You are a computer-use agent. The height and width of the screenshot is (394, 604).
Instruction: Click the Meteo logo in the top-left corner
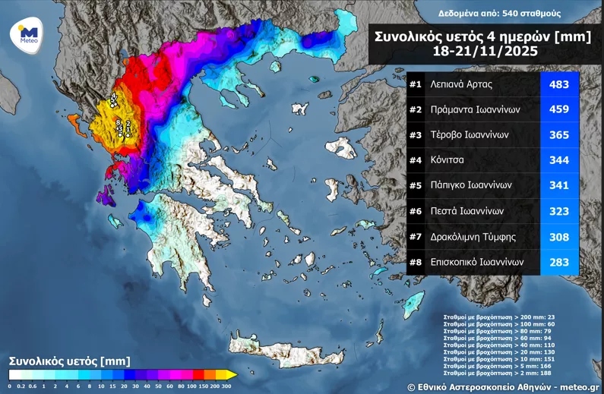pos(28,34)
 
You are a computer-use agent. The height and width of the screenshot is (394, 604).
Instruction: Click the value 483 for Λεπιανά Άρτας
pos(558,84)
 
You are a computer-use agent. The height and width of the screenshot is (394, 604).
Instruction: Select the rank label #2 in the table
pos(416,109)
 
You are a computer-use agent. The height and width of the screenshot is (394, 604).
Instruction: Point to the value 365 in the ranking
pos(558,134)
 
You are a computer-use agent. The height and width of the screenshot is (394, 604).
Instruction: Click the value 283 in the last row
pos(558,261)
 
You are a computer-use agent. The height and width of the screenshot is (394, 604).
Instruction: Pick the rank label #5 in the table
pos(416,185)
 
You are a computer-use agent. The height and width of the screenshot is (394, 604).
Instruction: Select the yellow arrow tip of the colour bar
pos(232,374)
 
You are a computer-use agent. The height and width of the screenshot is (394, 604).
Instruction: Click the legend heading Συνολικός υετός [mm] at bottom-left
pos(69,360)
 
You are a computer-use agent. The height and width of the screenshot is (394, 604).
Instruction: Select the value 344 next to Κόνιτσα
pos(558,160)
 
